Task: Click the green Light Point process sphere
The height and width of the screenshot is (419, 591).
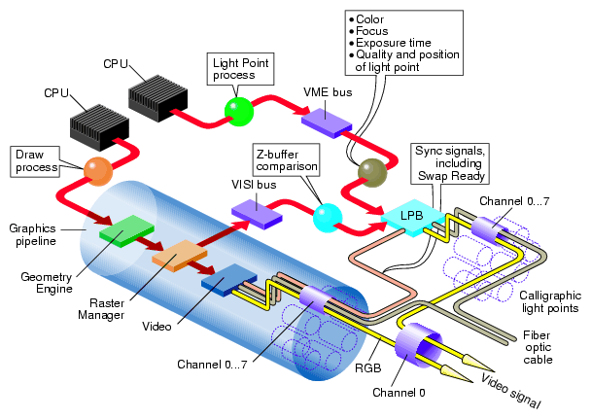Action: pyautogui.click(x=238, y=110)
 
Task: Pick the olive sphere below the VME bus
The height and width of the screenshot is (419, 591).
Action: pyautogui.click(x=371, y=172)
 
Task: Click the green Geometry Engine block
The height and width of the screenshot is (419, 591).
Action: pyautogui.click(x=126, y=230)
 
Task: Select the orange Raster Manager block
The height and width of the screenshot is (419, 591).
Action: pyautogui.click(x=175, y=256)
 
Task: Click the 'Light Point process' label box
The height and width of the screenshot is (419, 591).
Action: pyautogui.click(x=240, y=68)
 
